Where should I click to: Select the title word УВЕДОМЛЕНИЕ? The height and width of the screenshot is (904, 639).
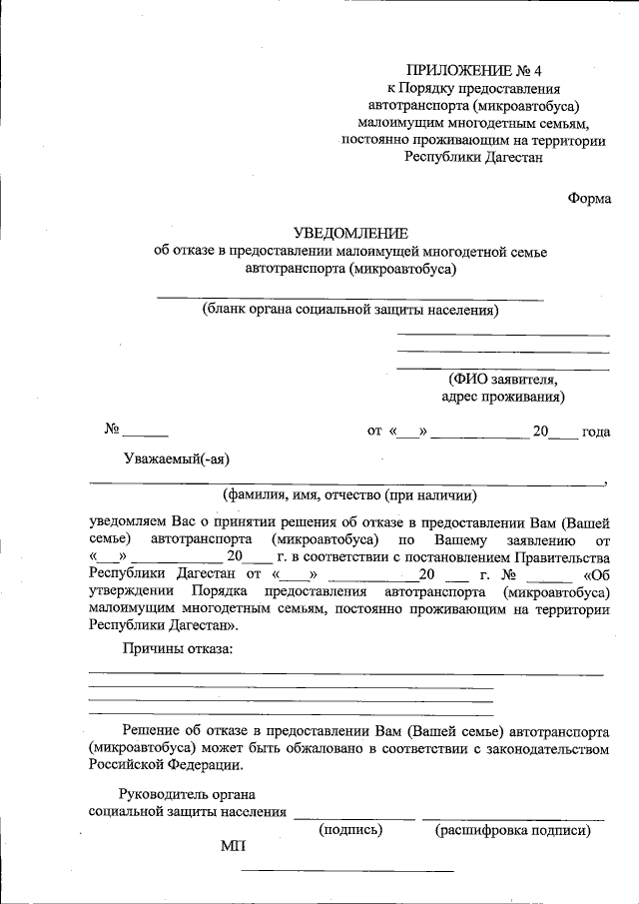(350, 232)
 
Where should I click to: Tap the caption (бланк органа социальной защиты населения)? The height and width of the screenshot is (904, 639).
(350, 309)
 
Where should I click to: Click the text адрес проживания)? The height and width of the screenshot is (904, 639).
(502, 397)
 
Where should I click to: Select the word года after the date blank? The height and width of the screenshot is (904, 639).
(596, 432)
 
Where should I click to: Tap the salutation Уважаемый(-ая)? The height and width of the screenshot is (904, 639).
(177, 458)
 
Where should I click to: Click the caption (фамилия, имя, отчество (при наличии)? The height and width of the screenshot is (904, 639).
(349, 494)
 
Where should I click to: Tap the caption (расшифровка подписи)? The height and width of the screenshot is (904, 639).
(512, 830)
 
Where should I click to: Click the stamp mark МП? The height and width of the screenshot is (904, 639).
(233, 847)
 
